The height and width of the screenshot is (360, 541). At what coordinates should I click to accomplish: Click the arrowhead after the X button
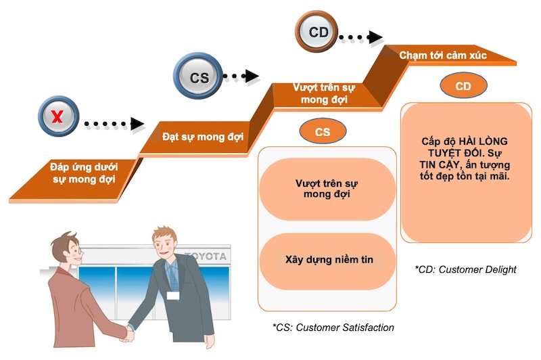click(x=137, y=124)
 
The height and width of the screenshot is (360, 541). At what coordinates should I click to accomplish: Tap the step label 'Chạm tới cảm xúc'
click(x=443, y=55)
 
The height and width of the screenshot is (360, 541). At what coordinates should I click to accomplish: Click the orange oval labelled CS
click(x=323, y=132)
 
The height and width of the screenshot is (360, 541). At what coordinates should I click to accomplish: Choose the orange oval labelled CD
click(x=463, y=86)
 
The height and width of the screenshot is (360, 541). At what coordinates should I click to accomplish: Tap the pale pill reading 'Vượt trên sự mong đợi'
click(x=327, y=189)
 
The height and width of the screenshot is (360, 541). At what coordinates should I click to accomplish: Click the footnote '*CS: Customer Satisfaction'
click(x=333, y=328)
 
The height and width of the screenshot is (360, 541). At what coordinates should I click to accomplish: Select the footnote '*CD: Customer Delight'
click(x=465, y=269)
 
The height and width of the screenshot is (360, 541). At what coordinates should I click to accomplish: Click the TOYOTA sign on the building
click(x=207, y=257)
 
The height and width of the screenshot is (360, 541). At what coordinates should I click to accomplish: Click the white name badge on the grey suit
click(x=174, y=295)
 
